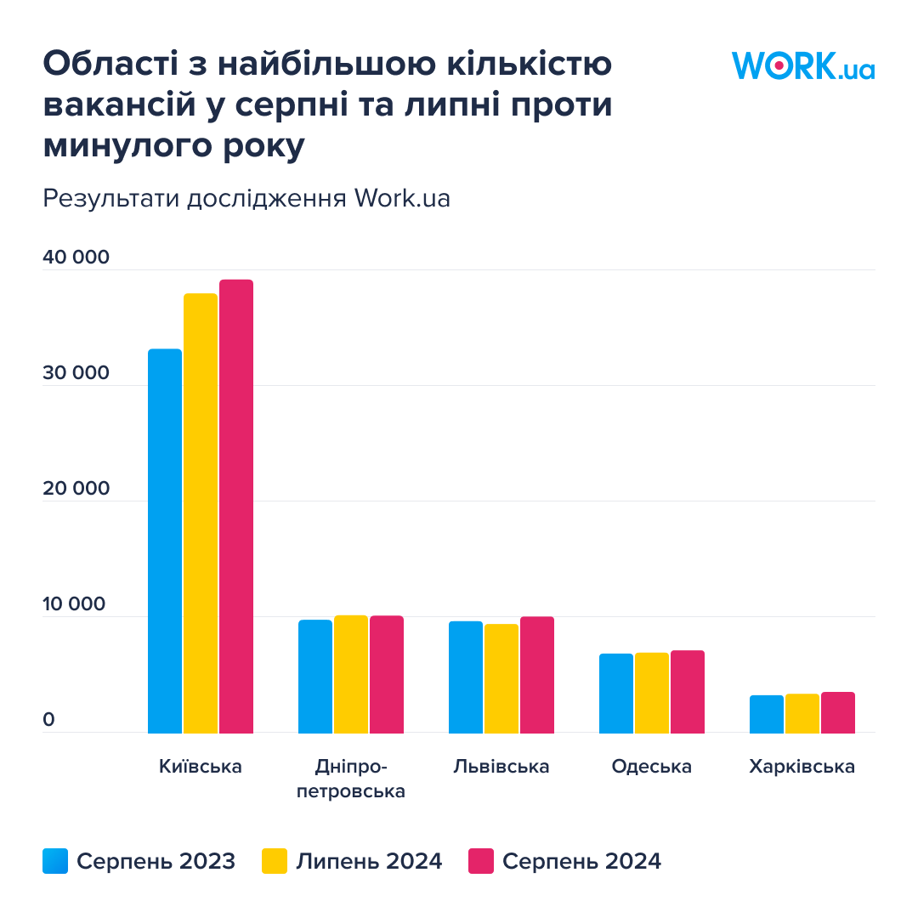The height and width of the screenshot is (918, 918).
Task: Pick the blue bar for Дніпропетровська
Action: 315,676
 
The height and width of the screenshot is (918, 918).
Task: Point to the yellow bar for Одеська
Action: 652,693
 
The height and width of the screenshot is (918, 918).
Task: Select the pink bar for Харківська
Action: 838,712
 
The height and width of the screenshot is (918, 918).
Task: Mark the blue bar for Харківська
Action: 767,714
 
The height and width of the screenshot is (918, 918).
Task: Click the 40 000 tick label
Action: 76,257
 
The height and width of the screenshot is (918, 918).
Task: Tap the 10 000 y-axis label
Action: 75,604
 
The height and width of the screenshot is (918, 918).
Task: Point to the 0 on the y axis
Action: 48,720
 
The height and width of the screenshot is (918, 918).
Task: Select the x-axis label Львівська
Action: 501,767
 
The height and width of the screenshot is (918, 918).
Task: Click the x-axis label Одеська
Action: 652,767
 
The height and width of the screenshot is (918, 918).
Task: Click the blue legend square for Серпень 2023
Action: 55,861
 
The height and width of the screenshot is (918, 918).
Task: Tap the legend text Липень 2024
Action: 370,861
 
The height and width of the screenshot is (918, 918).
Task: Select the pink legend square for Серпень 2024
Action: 481,861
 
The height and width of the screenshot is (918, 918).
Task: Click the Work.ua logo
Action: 802,66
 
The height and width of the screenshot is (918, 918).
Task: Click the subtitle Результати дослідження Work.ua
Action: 246,199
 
